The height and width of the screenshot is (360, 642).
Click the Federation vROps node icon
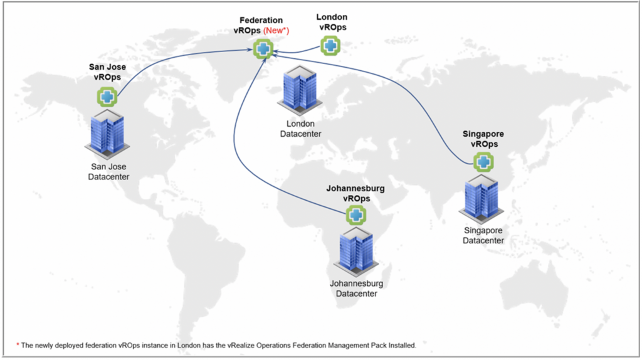264,49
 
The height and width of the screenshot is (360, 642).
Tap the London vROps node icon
330,45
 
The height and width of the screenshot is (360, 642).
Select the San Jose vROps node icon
107,97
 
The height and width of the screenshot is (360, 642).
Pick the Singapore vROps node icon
483,162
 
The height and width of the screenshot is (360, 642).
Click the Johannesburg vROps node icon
356,215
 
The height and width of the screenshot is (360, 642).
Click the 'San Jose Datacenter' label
108,172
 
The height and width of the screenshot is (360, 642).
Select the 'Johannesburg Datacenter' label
356,289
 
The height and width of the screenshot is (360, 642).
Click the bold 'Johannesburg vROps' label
355,193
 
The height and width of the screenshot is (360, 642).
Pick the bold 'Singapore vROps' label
483,139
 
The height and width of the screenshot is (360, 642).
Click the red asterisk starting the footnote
18,345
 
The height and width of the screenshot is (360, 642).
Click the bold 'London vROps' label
331,23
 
